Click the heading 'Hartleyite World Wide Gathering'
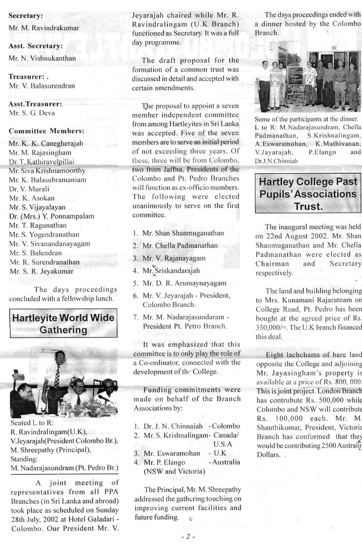click(x=63, y=323)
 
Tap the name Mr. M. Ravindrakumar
click(x=44, y=28)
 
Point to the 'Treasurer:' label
click(x=27, y=76)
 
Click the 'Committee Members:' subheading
click(x=46, y=131)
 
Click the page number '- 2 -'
click(x=187, y=537)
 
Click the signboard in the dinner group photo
click(x=295, y=76)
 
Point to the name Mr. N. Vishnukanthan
click(x=42, y=58)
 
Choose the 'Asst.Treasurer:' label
click(x=35, y=104)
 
